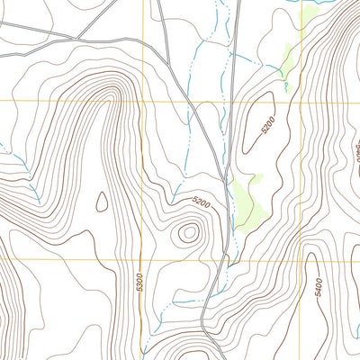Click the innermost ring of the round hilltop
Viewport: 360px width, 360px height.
188,233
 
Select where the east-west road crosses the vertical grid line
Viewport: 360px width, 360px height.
143,42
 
